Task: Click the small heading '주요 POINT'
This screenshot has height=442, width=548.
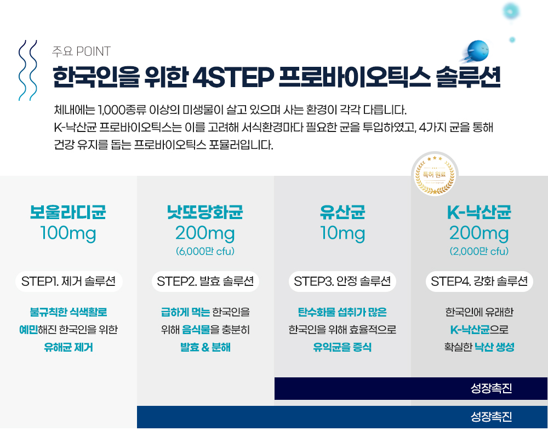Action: [x=81, y=51]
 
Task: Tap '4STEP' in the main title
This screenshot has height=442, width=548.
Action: [x=233, y=77]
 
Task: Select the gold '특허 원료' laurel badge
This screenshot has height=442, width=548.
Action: [x=435, y=174]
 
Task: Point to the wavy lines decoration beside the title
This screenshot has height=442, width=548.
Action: [x=27, y=70]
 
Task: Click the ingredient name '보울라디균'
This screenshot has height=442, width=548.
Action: [x=68, y=212]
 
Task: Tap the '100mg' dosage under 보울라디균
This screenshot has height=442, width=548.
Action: [x=68, y=233]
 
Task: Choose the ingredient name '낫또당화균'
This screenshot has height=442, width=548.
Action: [x=205, y=212]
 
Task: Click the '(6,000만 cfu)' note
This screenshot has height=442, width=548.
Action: [x=205, y=251]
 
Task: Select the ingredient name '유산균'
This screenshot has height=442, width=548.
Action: [x=342, y=212]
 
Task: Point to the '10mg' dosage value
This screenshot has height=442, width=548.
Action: [x=342, y=233]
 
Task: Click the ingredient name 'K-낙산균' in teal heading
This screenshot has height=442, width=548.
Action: [x=479, y=212]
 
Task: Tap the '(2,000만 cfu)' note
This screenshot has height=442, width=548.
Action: [x=479, y=251]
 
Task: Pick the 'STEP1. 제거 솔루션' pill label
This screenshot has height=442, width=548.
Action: [x=68, y=282]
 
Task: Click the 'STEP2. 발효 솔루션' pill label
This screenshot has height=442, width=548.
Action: [x=206, y=282]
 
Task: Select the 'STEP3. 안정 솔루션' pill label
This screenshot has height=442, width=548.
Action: [x=342, y=282]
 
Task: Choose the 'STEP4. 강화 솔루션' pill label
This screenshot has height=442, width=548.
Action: [x=480, y=282]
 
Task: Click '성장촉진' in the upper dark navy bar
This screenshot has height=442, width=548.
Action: [x=492, y=388]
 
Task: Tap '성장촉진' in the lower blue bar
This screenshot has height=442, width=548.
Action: [x=492, y=416]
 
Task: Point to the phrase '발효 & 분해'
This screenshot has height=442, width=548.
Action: [x=205, y=347]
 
